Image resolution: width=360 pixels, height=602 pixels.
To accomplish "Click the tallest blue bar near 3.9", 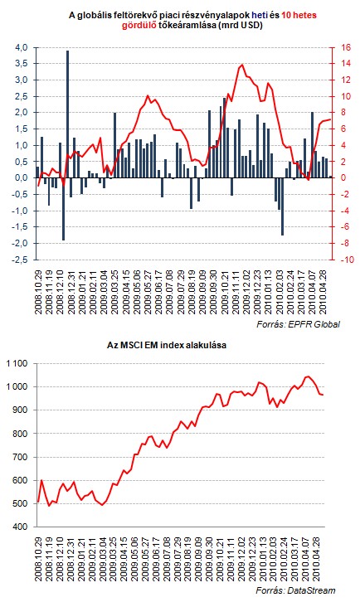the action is [68, 114].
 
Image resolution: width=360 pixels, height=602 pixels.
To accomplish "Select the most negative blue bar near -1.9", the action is [63, 209].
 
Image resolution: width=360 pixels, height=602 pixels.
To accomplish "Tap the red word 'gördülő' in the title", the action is [139, 26].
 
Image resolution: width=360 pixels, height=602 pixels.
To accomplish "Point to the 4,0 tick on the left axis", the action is [21, 47].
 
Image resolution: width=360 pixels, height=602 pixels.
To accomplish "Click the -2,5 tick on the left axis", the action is [20, 260].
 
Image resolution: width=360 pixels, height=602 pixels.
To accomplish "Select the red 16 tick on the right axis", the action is [346, 47].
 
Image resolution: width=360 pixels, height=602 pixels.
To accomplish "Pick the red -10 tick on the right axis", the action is [346, 260].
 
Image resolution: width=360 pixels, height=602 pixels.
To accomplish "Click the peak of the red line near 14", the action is [242, 64].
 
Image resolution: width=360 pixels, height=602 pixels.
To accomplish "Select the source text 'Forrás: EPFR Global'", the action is [298, 324].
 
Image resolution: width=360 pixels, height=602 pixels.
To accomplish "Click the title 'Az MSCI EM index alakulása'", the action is [167, 345].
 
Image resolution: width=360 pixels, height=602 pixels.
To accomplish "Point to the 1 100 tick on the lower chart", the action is [17, 363].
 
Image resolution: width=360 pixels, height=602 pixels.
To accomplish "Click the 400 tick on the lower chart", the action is [22, 527].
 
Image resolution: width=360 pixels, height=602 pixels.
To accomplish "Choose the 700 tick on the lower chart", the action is [22, 457].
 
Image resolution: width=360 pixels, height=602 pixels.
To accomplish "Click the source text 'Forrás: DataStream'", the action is [296, 590].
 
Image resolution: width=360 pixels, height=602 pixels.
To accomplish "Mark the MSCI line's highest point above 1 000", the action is [307, 376].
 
